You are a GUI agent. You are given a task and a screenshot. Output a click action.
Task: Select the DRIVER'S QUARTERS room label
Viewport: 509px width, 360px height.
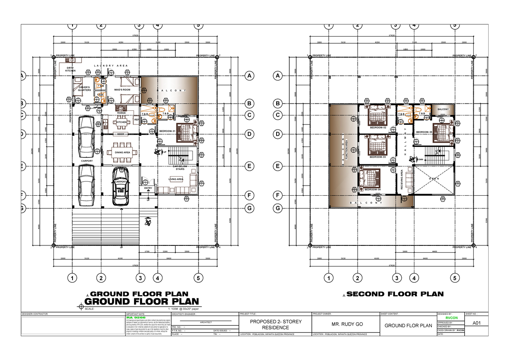84,89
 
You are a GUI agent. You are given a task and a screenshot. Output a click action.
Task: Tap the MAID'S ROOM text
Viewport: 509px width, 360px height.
122,90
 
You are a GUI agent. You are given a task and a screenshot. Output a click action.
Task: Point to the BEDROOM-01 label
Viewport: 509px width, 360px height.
167,131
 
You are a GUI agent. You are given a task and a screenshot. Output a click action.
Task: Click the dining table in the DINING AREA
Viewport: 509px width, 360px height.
122,152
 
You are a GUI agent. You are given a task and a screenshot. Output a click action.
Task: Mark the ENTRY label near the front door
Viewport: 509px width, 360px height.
148,188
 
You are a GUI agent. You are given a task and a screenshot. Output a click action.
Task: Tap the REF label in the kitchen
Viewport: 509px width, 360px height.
136,120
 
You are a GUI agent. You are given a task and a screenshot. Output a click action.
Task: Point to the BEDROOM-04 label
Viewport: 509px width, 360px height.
372,189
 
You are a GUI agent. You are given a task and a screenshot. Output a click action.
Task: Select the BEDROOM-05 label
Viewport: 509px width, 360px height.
424,132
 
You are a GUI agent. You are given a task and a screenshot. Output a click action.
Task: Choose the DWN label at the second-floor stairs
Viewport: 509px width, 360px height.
420,160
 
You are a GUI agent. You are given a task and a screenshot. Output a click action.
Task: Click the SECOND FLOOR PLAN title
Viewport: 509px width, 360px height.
395,294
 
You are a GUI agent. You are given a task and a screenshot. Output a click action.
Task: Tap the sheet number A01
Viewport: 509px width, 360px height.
476,323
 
